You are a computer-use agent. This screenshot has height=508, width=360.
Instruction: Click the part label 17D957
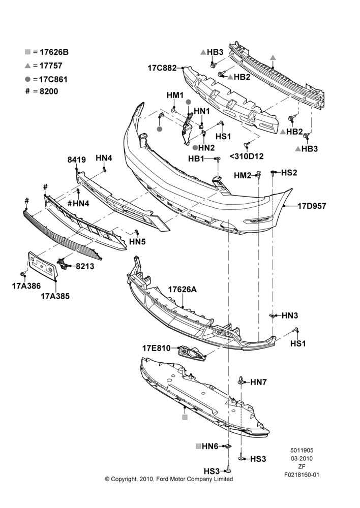[x=312, y=206]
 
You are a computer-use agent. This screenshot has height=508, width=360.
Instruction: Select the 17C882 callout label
[x=162, y=68]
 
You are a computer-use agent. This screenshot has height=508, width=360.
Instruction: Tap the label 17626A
[x=182, y=290]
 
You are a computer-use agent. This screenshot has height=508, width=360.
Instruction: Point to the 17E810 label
[x=156, y=348]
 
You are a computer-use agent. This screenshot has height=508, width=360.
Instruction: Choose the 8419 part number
[x=77, y=160]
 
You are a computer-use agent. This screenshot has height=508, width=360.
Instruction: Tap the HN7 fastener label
[x=258, y=383]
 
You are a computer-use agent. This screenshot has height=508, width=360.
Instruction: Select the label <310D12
[x=247, y=156]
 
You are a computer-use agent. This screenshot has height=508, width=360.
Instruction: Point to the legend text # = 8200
[x=42, y=91]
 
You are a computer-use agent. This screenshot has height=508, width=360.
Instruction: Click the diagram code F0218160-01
[x=302, y=475]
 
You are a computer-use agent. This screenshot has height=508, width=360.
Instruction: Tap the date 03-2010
[x=302, y=458]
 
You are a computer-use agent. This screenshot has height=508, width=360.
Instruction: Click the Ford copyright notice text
[x=169, y=479]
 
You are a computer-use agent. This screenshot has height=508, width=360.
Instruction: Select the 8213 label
[x=85, y=266]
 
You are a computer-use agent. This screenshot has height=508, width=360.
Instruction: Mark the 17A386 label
[x=26, y=285]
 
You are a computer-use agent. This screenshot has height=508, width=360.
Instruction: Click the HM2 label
[x=243, y=175]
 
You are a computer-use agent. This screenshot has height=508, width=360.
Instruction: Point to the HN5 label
[x=137, y=241]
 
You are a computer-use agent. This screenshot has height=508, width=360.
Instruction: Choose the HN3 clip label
[x=290, y=315]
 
